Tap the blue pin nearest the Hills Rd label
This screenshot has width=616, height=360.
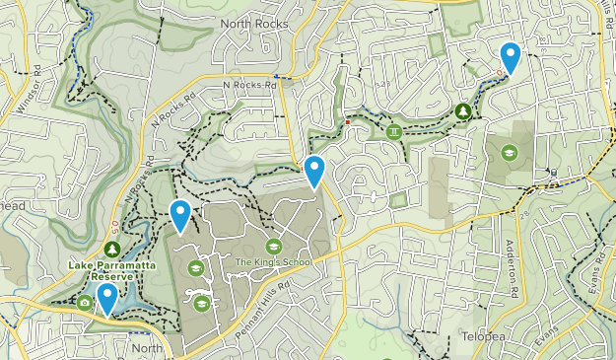tap(511, 57)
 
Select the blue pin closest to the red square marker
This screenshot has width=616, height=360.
tap(314, 171)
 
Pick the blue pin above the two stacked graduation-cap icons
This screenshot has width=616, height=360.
tap(180, 215)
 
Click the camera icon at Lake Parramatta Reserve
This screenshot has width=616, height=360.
tap(85, 302)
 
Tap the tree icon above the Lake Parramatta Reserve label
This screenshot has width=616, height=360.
tap(111, 251)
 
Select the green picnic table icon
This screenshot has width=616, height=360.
tap(394, 130)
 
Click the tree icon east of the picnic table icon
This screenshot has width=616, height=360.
tap(463, 110)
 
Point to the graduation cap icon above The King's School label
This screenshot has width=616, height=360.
tap(273, 246)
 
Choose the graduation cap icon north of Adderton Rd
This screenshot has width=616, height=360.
tap(509, 152)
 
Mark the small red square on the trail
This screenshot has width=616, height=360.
tap(347, 122)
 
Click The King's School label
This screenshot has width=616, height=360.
tap(272, 261)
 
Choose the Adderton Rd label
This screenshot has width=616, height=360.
tap(512, 265)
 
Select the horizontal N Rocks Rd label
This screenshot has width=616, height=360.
tap(248, 85)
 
